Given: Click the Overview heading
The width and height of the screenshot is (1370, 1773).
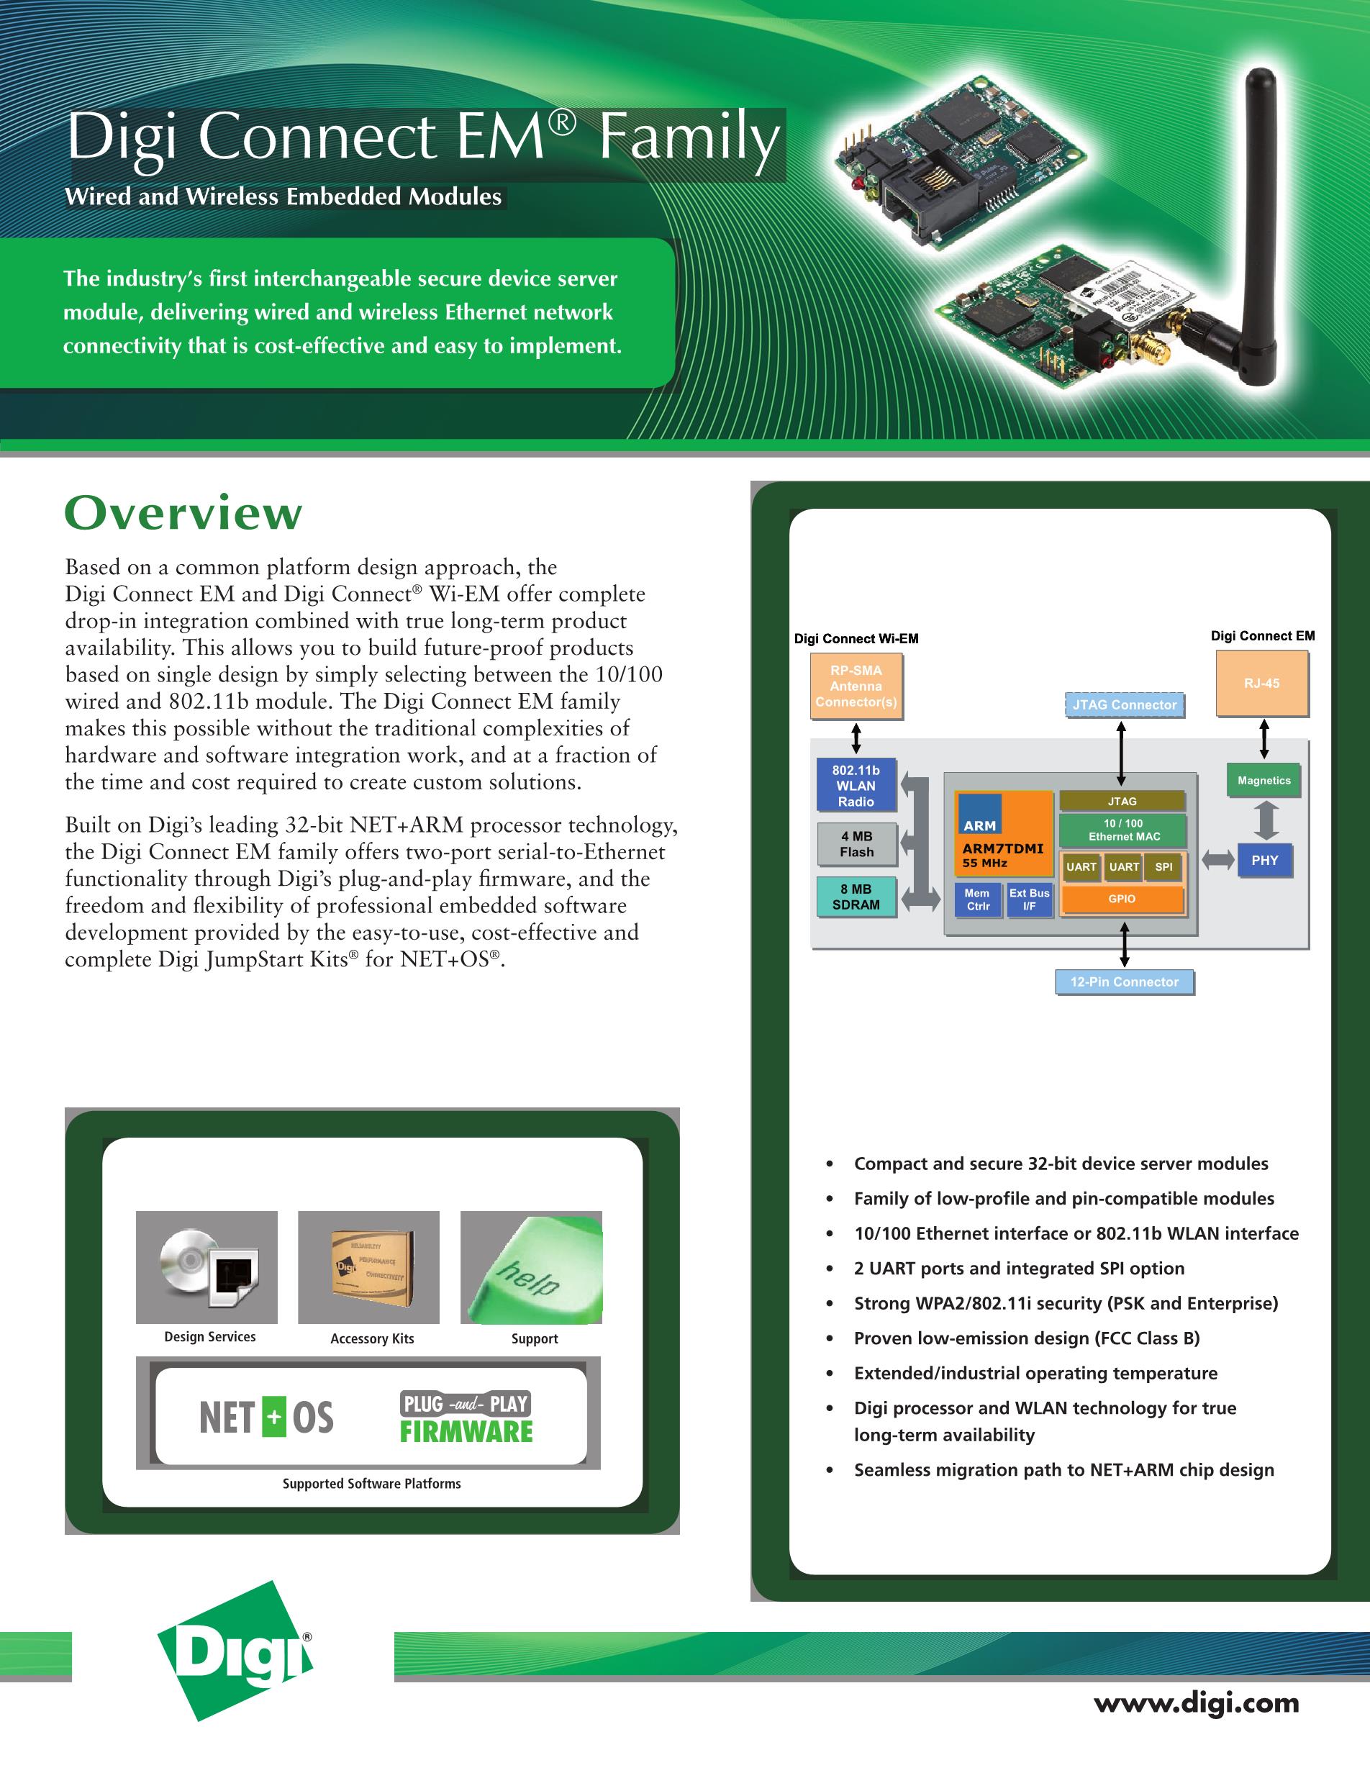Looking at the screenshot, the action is [183, 513].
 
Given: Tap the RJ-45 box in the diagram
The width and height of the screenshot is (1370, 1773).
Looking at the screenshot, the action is [1262, 684].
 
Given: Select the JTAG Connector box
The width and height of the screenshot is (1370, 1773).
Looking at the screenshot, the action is [1124, 704].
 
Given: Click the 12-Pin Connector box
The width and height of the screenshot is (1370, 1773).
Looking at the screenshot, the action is [1124, 981].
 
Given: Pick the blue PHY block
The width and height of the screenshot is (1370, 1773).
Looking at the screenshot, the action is [1264, 861].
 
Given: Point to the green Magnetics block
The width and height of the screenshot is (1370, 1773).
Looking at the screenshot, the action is [1264, 780].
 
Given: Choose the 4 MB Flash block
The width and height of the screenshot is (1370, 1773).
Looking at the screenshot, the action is [857, 844].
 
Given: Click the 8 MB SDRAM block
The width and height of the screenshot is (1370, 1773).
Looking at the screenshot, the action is [856, 897].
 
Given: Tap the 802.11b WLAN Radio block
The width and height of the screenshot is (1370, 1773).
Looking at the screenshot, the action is [856, 785].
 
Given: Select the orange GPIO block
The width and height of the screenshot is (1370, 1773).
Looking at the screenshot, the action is [1122, 899].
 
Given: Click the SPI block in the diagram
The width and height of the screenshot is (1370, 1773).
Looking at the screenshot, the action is [1163, 867].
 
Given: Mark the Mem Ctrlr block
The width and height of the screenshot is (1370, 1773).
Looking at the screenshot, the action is [978, 899].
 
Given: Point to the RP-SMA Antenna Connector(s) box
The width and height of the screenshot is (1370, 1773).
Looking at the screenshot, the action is [856, 686].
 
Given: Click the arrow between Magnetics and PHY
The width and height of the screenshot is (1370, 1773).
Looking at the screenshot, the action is [1266, 820].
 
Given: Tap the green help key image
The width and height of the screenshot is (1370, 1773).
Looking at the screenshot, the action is [531, 1267].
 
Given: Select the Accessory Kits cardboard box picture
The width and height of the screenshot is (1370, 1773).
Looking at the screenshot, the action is [368, 1267].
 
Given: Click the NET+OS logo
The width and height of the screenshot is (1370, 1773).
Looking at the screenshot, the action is [266, 1418].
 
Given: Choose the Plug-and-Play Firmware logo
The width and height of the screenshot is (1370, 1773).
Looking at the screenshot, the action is [466, 1418].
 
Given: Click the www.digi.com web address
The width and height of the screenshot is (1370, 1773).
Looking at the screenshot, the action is [1197, 1702].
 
